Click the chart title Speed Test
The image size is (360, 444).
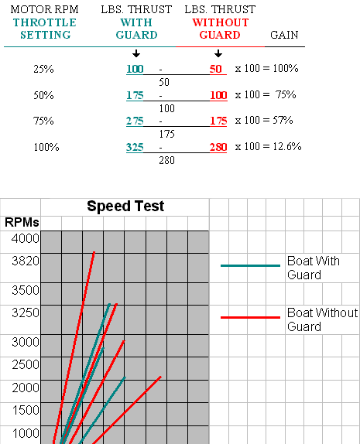click(125, 206)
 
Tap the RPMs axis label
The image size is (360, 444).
click(22, 223)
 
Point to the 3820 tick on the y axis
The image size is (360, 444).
click(26, 261)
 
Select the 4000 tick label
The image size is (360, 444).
click(26, 238)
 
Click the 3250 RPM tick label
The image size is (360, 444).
click(26, 313)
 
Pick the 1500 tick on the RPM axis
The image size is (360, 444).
click(26, 410)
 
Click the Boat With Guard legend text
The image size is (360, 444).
click(314, 268)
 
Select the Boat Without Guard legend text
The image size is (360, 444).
click(322, 319)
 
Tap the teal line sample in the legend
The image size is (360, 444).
click(250, 265)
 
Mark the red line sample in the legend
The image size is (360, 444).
click(250, 317)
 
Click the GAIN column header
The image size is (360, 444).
click(284, 35)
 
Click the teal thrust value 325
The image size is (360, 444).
click(135, 147)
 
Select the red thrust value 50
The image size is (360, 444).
click(216, 69)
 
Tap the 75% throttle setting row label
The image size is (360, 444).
click(43, 121)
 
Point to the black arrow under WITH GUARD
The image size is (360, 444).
click(136, 53)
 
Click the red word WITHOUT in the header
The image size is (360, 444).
click(221, 22)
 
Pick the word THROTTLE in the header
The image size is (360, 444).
click(45, 22)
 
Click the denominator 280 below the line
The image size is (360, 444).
click(166, 161)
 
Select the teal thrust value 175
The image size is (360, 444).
click(135, 95)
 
